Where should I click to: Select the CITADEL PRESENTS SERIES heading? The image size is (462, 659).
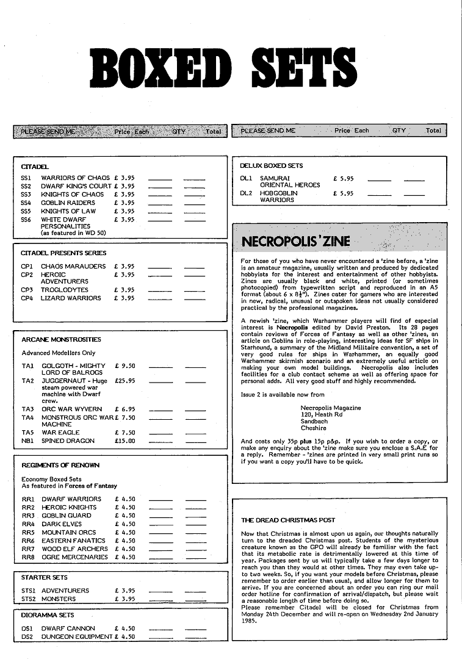63,253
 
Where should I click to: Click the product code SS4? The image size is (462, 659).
26,203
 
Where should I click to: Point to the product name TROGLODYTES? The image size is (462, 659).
65,290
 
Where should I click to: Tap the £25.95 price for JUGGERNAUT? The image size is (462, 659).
125,381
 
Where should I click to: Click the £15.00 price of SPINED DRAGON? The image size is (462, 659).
125,441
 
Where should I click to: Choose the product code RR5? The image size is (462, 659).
28,532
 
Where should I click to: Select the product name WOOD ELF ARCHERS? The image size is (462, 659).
74,549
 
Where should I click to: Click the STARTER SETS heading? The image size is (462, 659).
45,577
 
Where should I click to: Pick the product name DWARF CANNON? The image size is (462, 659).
68,628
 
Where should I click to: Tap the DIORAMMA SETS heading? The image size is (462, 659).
48,615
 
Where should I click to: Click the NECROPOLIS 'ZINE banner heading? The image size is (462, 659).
296,242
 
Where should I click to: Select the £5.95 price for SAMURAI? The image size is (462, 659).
343,179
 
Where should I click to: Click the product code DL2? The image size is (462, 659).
246,193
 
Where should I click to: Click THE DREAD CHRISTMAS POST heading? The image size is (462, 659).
288,520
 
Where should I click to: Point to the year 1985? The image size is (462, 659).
249,621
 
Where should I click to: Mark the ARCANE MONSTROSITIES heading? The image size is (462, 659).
61,339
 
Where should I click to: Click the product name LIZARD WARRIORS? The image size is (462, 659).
71,298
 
